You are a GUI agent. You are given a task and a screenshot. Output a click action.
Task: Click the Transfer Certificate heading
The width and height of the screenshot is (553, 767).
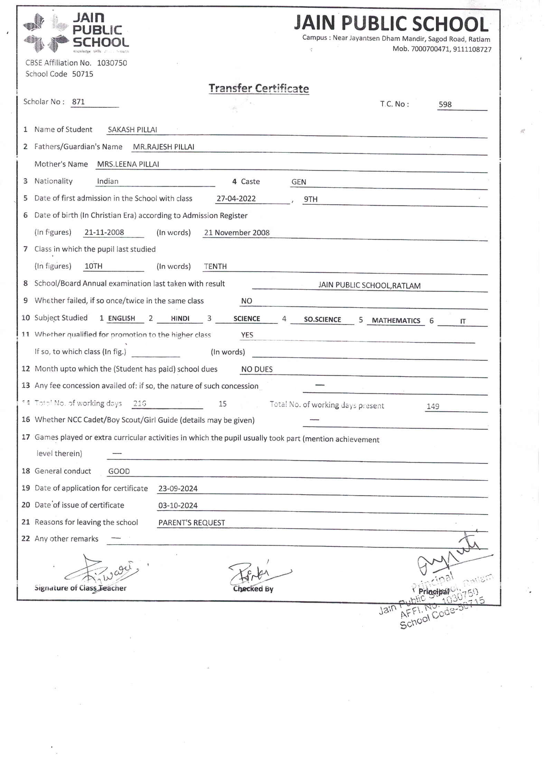(x=259, y=88)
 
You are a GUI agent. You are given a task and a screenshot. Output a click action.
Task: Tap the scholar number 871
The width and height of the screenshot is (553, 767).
(x=78, y=102)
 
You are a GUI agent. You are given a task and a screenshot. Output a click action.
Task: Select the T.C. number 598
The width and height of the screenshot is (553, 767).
(x=445, y=104)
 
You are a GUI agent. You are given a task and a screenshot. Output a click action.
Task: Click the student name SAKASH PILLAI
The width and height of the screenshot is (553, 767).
(x=132, y=130)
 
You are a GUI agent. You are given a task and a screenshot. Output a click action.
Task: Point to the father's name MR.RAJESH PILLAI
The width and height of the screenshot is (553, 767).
(x=163, y=147)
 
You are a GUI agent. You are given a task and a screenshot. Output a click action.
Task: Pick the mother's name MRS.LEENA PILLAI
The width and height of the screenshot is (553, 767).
(x=128, y=164)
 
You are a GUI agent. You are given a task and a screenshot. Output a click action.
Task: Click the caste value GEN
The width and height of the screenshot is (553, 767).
(x=299, y=182)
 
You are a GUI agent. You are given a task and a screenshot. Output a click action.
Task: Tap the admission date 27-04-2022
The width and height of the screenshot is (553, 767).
(x=236, y=199)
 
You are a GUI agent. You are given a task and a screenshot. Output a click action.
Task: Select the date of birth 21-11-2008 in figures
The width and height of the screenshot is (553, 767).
(x=104, y=233)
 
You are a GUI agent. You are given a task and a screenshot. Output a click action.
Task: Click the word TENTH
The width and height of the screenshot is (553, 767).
(x=215, y=266)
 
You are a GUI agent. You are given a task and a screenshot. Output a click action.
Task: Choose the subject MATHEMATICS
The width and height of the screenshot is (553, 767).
(x=396, y=321)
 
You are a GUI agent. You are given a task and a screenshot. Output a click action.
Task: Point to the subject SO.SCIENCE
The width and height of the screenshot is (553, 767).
(x=322, y=320)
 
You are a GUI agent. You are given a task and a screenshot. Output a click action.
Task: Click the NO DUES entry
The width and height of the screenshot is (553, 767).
(x=257, y=369)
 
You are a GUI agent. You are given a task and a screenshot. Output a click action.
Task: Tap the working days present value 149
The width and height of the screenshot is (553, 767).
(x=433, y=406)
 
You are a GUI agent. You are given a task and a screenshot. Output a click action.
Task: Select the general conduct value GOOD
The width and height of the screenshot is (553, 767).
(x=119, y=471)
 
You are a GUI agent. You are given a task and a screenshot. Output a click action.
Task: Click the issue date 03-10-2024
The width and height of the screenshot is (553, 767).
(x=178, y=505)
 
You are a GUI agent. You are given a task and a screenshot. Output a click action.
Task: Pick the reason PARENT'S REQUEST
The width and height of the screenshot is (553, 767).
(x=191, y=523)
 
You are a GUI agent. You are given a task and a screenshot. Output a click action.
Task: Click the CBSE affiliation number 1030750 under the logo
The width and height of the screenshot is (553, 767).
(x=112, y=63)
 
